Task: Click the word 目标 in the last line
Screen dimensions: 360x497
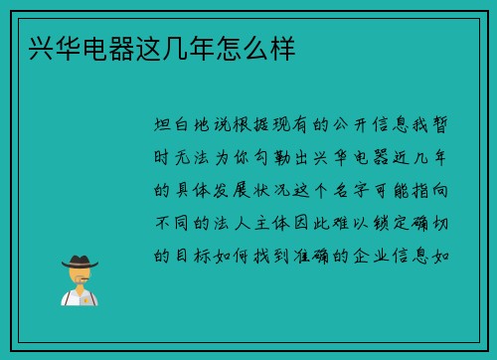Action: [x=198, y=255]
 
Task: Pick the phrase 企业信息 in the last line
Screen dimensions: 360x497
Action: [x=392, y=255]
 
